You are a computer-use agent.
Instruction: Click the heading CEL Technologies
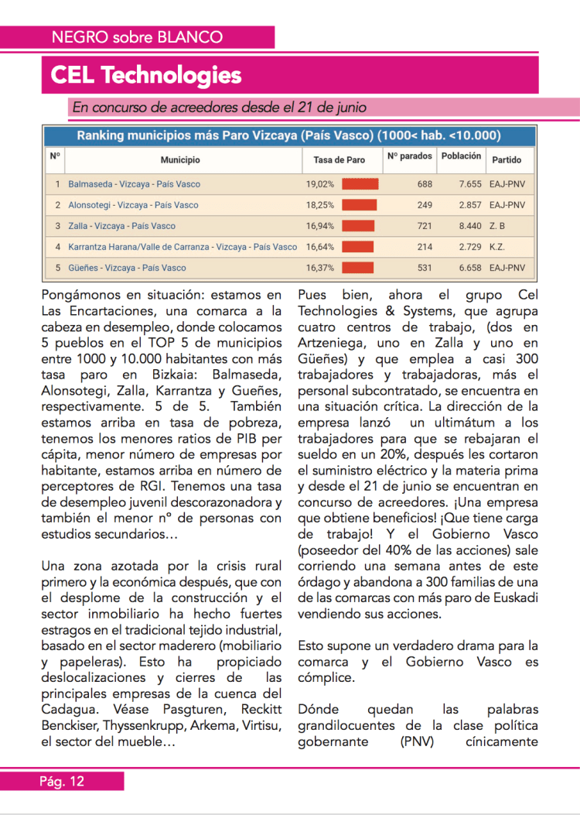tap(146, 75)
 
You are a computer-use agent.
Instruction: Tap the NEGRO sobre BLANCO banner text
tap(137, 36)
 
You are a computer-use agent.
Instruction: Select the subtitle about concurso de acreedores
tap(219, 108)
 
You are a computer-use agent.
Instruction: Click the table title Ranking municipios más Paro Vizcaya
tap(288, 136)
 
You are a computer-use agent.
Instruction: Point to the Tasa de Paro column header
tap(339, 160)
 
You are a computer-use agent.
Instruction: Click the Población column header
tap(461, 156)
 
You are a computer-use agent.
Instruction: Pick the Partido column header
tap(507, 160)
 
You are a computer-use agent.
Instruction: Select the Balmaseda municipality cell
tap(134, 184)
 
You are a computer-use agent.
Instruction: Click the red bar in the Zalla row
tap(357, 226)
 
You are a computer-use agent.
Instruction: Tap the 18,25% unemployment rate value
tap(320, 205)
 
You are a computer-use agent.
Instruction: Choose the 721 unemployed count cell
tap(425, 226)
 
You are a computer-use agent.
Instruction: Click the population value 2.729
tap(469, 247)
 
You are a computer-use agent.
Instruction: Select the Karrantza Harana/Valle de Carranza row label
tap(183, 247)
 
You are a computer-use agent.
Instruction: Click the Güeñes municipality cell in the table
tap(127, 268)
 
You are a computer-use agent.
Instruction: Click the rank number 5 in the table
tap(57, 268)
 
